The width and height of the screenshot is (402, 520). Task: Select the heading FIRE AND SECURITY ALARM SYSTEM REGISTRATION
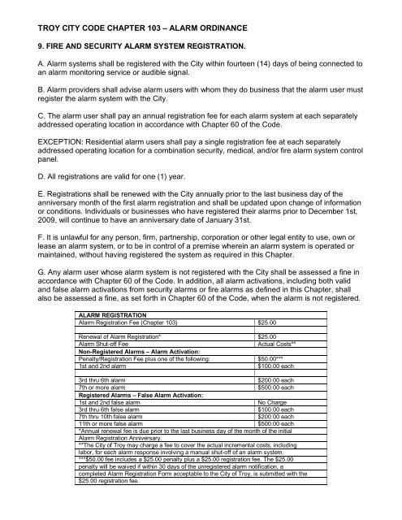pyautogui.click(x=150, y=37)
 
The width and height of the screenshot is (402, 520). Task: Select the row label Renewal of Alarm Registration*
pyautogui.click(x=113, y=359)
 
